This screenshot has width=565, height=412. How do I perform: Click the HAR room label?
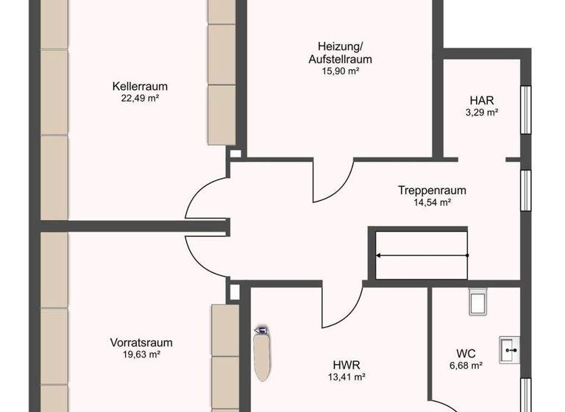click(482, 100)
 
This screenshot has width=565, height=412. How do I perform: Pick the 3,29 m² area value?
click(482, 113)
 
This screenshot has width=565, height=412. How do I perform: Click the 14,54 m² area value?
click(432, 202)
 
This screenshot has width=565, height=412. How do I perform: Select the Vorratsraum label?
click(141, 342)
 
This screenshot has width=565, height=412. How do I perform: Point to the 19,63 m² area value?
click(141, 354)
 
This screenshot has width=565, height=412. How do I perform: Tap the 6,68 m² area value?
click(465, 365)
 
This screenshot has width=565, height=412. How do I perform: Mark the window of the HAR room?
click(525, 110)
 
